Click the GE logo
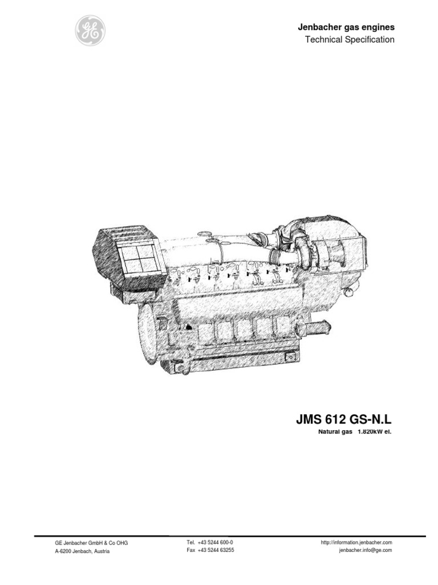[x=90, y=30]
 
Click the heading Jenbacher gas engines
[x=347, y=27]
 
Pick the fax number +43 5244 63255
[x=216, y=550]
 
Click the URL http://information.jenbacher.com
[x=356, y=542]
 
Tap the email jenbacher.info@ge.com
[x=365, y=550]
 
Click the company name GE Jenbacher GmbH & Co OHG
[x=91, y=543]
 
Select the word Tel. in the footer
[x=190, y=542]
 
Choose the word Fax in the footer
[x=191, y=550]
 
